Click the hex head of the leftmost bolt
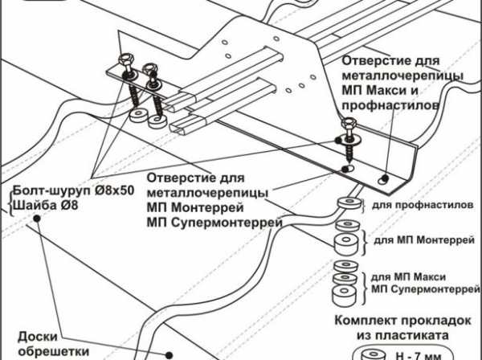(x=127, y=60)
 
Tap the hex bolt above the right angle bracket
(x=347, y=125)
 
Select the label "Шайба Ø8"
(x=40, y=205)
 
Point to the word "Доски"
(x=37, y=337)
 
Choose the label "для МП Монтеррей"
(x=423, y=239)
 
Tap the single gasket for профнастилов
(x=347, y=202)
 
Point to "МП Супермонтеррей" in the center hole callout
(x=212, y=222)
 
